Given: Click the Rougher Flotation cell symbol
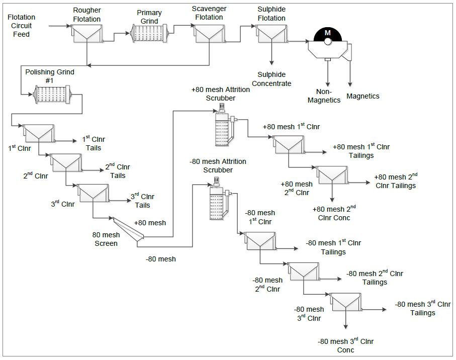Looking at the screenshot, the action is click(x=87, y=34).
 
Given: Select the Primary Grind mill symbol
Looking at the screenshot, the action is click(x=149, y=34).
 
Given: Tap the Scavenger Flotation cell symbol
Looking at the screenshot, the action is click(x=209, y=34).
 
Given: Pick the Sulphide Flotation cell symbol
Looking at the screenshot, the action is click(x=271, y=34).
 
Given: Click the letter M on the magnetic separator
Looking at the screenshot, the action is click(x=328, y=33).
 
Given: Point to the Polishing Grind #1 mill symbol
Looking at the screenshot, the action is click(x=52, y=94).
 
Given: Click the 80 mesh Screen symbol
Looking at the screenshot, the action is click(x=128, y=231).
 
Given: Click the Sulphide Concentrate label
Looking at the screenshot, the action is click(x=271, y=79).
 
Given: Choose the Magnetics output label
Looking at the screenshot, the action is click(x=362, y=96).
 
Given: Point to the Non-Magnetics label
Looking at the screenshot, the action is click(x=324, y=96).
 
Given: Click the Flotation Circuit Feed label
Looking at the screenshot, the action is click(x=21, y=26).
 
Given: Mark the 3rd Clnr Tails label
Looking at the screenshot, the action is click(x=142, y=200).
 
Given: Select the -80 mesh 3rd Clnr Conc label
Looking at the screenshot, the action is click(x=345, y=345).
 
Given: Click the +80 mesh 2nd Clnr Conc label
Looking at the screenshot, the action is click(x=334, y=213).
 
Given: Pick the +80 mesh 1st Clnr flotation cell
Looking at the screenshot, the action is click(x=289, y=144).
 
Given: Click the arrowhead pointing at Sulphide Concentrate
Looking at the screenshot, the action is click(x=271, y=63).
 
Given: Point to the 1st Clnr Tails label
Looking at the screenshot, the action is click(x=94, y=143).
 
